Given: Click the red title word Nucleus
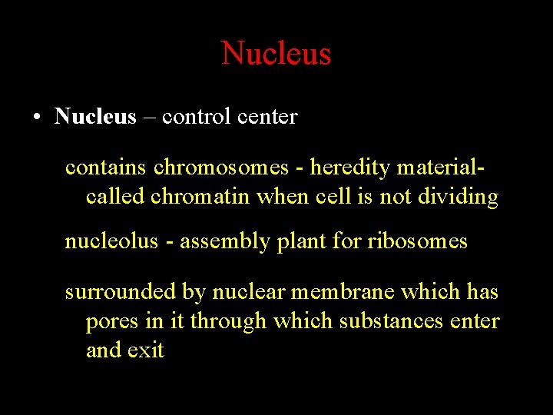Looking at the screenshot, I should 276,54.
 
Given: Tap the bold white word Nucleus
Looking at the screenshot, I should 95,117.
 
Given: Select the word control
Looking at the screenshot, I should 196,117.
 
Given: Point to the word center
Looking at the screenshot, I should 267,118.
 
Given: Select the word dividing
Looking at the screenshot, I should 459,197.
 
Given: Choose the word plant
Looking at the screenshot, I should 296,243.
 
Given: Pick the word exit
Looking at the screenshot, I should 146,350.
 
